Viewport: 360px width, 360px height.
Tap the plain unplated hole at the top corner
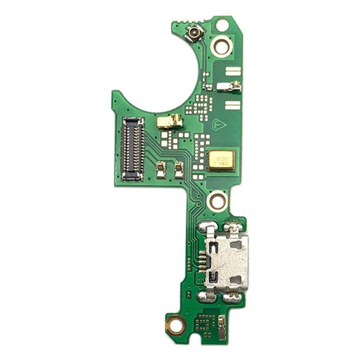[222, 25]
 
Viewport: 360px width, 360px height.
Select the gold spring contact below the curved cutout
[170, 121]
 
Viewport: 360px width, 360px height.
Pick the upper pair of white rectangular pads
[233, 71]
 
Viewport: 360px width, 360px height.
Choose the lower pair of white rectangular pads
[233, 105]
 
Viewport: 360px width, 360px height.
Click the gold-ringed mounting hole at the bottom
[175, 324]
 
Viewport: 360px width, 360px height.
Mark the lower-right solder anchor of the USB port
[233, 296]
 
